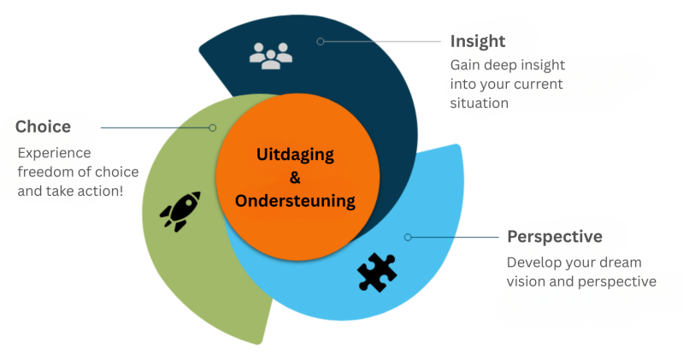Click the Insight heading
[x=478, y=41]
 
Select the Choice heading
[x=43, y=127]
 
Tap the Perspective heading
[x=555, y=236]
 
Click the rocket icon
[x=180, y=210]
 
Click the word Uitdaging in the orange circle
[x=296, y=155]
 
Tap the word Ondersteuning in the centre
[x=296, y=201]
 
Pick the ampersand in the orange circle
[x=296, y=178]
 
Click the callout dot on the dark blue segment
[x=321, y=41]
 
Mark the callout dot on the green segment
[x=213, y=127]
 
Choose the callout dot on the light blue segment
[x=408, y=237]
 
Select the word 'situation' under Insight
[x=480, y=103]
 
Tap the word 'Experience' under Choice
[x=54, y=152]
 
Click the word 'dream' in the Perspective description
[x=623, y=262]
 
